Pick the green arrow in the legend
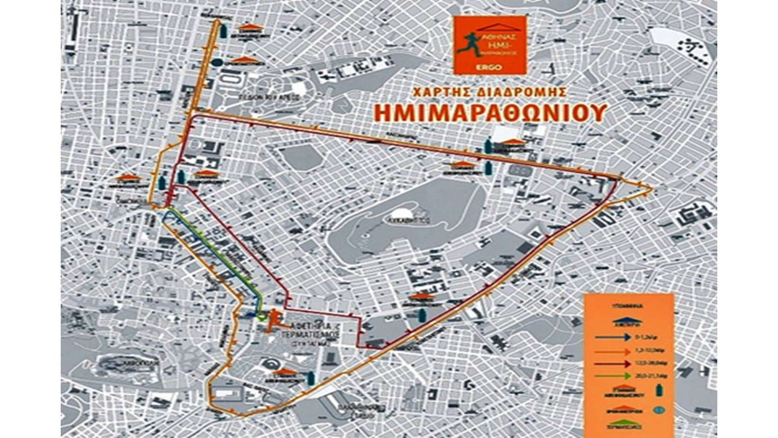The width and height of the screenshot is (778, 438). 617,375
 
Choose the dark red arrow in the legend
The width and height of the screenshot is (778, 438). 617,363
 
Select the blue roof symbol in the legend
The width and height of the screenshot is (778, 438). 625,321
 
